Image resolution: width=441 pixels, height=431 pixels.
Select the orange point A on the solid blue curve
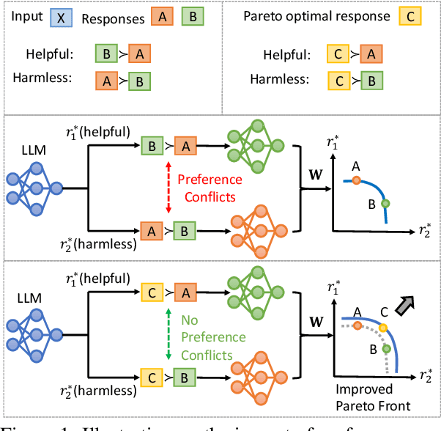click(356, 179)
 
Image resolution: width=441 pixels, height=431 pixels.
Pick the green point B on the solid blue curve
click(386, 204)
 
